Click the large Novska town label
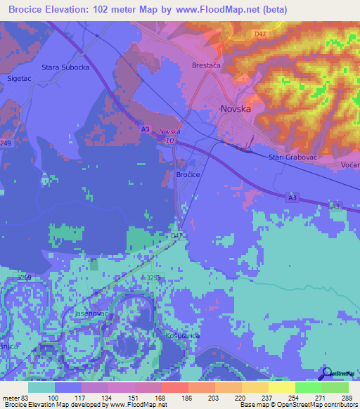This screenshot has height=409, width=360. coord(236,109)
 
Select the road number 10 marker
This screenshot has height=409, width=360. coord(171,141)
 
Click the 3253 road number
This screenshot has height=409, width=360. coord(154,278)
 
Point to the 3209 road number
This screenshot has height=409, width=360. coord(25,279)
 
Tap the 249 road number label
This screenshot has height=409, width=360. coord(6,143)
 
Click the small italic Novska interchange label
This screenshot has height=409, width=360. coord(169,131)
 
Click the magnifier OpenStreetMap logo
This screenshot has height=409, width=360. coord(326,373)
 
